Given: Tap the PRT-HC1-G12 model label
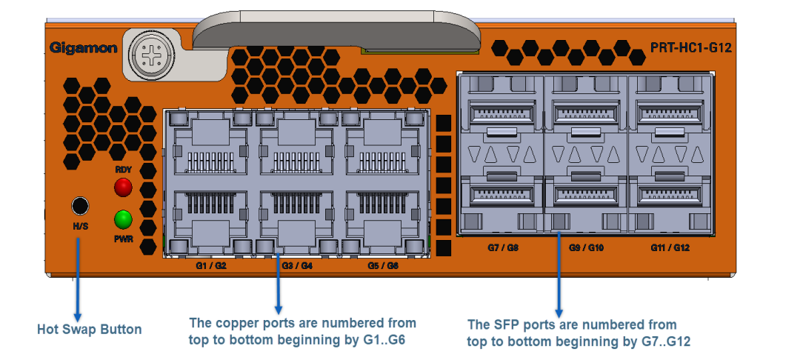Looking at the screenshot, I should (691, 48).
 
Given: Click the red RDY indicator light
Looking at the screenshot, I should (123, 187).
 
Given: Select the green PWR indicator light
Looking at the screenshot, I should (123, 219).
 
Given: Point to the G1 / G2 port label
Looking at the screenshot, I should (211, 265).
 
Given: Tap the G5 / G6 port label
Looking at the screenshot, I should (383, 265).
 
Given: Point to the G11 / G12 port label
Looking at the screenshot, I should (670, 247).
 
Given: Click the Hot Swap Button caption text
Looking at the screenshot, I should (89, 329).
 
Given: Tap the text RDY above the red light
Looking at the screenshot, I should (123, 170).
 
